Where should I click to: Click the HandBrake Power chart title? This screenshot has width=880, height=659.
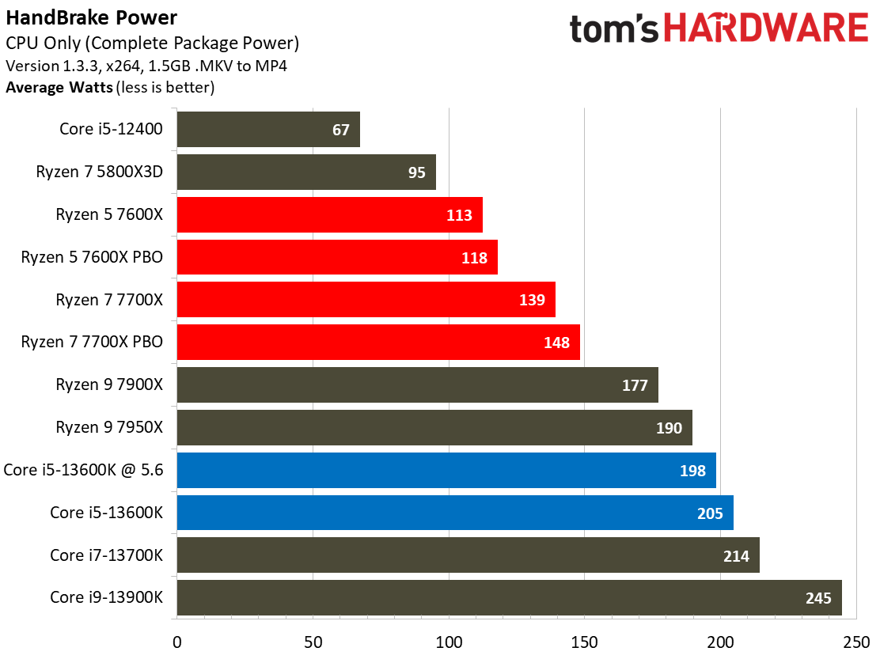pyautogui.click(x=92, y=18)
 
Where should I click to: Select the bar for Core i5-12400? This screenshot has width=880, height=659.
pyautogui.click(x=268, y=130)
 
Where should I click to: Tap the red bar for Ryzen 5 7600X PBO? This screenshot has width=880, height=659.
pyautogui.click(x=337, y=257)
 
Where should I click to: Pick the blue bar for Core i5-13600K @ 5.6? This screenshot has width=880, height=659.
pyautogui.click(x=447, y=470)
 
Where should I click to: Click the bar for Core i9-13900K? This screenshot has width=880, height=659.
pyautogui.click(x=510, y=598)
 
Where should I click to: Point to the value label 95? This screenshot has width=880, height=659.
pyautogui.click(x=416, y=172)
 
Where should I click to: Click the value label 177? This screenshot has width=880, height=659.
pyautogui.click(x=635, y=385)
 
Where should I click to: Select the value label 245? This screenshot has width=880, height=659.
pyautogui.click(x=818, y=598)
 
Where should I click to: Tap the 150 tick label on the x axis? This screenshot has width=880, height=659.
pyautogui.click(x=584, y=642)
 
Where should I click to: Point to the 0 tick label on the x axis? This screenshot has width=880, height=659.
pyautogui.click(x=176, y=642)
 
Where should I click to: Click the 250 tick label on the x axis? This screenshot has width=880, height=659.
pyautogui.click(x=856, y=642)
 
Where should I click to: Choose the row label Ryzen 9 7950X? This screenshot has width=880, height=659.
pyautogui.click(x=109, y=427)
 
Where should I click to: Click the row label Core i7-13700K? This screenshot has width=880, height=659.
pyautogui.click(x=106, y=555)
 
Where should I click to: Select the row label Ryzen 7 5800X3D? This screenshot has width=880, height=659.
pyautogui.click(x=100, y=172)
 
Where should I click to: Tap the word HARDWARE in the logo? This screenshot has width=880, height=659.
pyautogui.click(x=766, y=28)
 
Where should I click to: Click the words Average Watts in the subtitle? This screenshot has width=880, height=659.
pyautogui.click(x=59, y=88)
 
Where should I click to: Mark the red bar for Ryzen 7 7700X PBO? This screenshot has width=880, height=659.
pyautogui.click(x=378, y=342)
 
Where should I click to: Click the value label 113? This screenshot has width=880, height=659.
pyautogui.click(x=459, y=215)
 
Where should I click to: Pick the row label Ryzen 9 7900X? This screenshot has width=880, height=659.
pyautogui.click(x=109, y=384)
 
